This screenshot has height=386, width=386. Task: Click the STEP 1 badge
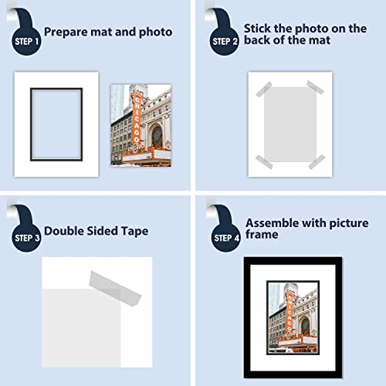pos(26,41)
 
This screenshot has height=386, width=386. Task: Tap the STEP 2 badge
pos(225,41)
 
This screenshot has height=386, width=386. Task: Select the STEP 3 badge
pos(26,238)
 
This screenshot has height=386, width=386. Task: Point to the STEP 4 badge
pos(226,238)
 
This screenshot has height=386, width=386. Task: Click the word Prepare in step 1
pos(66,32)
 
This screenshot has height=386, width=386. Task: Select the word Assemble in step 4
pos(273,223)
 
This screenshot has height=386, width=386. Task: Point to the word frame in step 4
pos(262,235)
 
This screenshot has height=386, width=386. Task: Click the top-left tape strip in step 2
pos(264,89)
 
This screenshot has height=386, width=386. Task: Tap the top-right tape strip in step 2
pos(315,87)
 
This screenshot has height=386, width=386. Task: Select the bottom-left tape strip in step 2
pos(264,162)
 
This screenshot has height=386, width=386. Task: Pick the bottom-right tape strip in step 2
pos(317,162)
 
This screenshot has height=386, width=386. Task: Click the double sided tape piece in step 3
pos(115,289)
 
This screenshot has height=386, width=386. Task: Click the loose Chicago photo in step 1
pos(141,125)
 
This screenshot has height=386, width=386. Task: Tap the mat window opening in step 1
pos(56,124)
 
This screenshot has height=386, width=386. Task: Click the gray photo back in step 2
pos(290,124)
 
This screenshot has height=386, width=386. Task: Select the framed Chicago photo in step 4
pos(293,317)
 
